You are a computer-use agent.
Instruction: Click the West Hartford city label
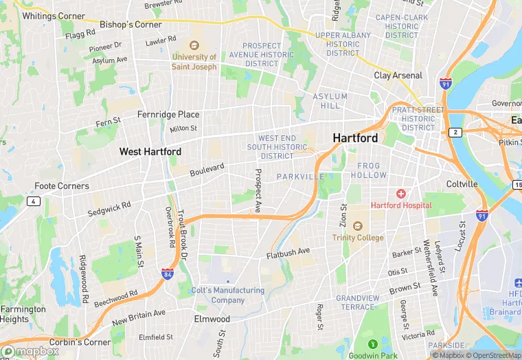tap(150, 151)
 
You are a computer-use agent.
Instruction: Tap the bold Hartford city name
tap(355, 138)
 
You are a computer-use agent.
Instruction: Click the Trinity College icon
tap(357, 226)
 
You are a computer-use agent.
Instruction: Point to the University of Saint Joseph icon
tap(194, 46)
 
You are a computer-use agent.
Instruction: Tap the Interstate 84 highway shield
tap(167, 274)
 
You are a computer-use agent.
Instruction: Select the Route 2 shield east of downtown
tap(455, 132)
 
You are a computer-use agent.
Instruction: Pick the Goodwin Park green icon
tap(373, 344)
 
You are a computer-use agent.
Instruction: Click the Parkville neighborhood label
tap(300, 177)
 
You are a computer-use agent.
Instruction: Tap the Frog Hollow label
tap(368, 170)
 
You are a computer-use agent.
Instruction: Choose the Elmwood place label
tap(212, 319)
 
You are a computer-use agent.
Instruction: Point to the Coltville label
tap(462, 184)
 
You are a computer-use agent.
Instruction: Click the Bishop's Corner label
tap(130, 25)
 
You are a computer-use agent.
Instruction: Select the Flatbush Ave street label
tap(288, 253)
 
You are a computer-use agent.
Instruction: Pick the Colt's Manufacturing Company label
tap(228, 295)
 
